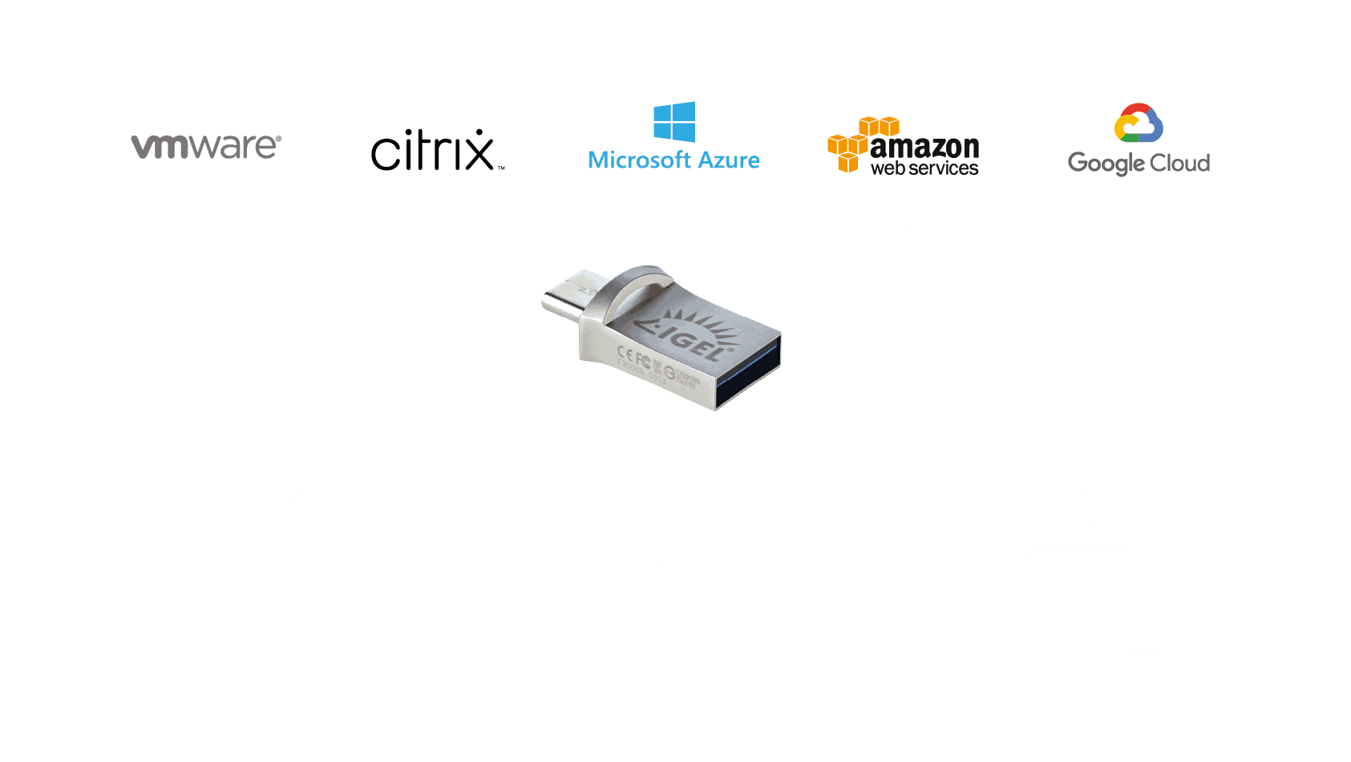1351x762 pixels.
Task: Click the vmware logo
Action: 206,146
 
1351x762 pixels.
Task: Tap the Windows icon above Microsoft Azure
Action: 674,122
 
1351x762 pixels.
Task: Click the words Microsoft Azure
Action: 673,160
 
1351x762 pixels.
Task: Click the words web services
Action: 924,168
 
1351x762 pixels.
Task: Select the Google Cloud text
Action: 1139,164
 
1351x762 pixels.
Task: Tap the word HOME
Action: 181,533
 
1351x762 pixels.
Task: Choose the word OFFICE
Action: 523,533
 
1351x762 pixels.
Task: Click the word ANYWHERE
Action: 924,521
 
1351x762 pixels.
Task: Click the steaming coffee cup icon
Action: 1084,514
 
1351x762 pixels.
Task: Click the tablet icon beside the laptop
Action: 1142,671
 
